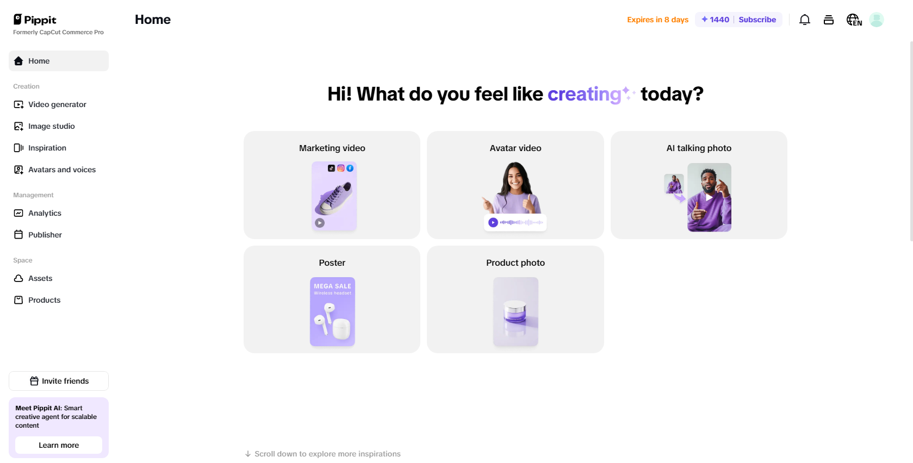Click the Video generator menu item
[57, 104]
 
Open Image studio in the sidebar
[51, 126]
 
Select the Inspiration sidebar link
[47, 148]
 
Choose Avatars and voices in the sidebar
[61, 170]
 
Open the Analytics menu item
[45, 213]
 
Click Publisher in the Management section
[45, 235]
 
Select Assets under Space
[40, 278]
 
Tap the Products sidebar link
[44, 300]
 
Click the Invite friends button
[59, 381]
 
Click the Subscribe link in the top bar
[757, 20]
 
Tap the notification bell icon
[805, 20]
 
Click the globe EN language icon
[854, 20]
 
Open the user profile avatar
[876, 20]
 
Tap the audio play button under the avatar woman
[493, 222]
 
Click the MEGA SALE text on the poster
[332, 286]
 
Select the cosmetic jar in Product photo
[515, 312]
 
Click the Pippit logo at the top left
[35, 20]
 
